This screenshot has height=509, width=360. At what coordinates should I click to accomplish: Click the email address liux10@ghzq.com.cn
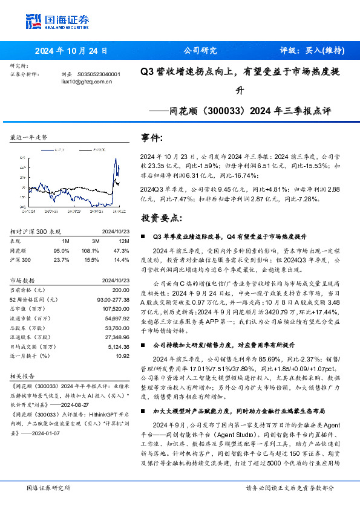point(87,82)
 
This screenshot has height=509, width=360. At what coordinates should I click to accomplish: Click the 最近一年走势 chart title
point(28,138)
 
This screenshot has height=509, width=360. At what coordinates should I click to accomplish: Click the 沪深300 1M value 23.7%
point(62,259)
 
